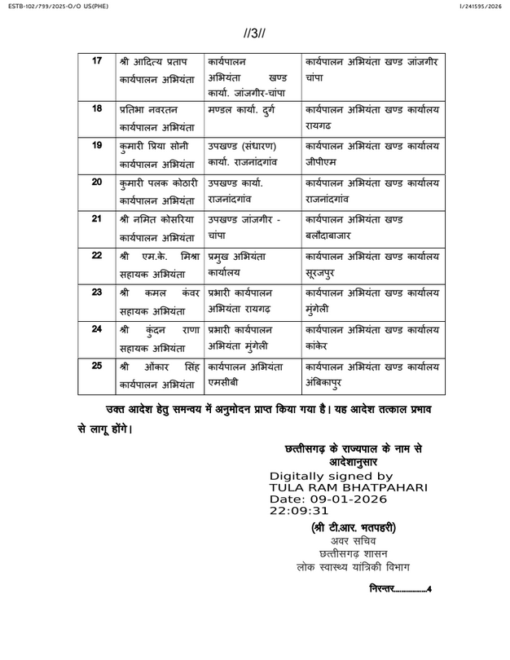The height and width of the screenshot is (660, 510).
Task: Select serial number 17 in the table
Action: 97,61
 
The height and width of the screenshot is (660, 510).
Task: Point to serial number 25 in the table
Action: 97,365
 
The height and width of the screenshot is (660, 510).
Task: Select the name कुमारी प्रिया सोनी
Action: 152,145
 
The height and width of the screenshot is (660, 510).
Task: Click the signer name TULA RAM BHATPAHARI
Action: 349,486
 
